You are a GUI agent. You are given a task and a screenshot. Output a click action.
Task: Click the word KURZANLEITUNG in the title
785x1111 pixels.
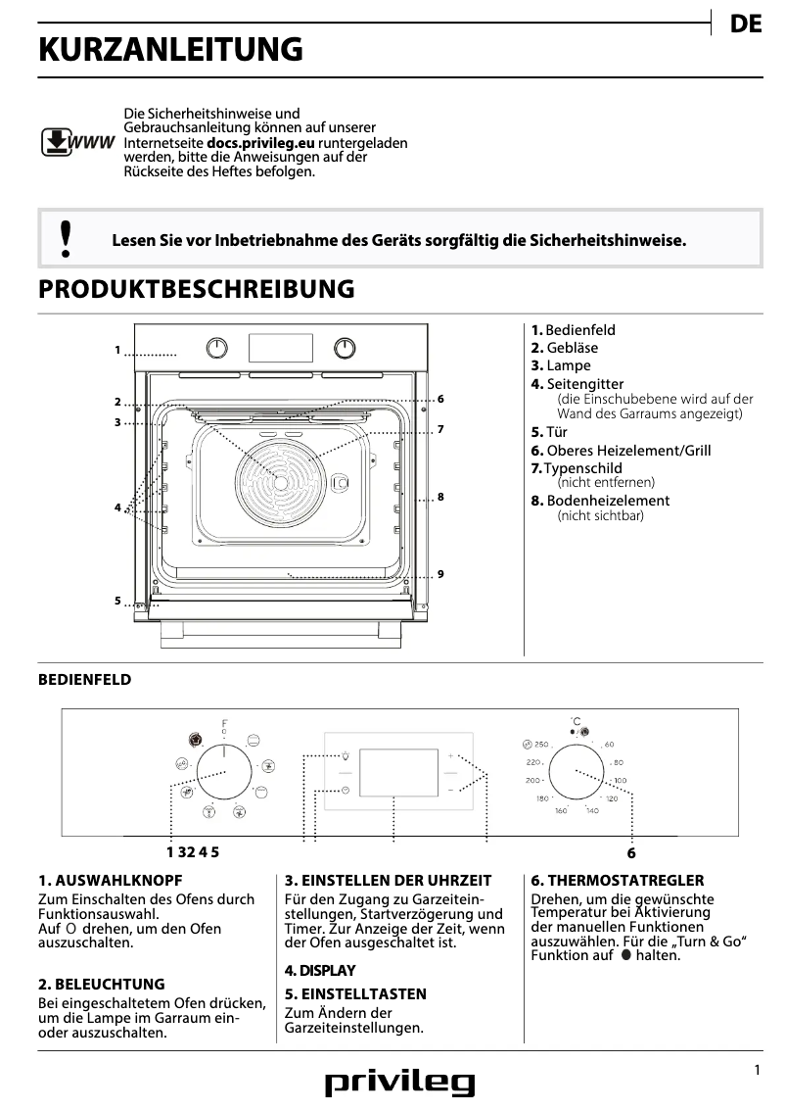pyautogui.click(x=170, y=49)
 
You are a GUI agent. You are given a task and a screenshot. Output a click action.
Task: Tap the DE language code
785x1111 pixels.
pyautogui.click(x=746, y=25)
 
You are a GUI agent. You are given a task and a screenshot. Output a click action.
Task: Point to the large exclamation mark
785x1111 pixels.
pyautogui.click(x=66, y=238)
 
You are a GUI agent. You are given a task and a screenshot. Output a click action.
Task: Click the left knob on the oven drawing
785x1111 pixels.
pyautogui.click(x=217, y=348)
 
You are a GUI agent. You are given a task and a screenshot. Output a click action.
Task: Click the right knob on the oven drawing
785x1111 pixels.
pyautogui.click(x=345, y=348)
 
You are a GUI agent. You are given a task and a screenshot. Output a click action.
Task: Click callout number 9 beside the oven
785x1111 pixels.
pyautogui.click(x=441, y=573)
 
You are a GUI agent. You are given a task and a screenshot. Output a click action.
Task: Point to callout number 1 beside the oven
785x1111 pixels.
pyautogui.click(x=116, y=350)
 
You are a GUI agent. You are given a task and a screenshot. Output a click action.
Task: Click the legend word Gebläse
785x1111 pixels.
pyautogui.click(x=572, y=348)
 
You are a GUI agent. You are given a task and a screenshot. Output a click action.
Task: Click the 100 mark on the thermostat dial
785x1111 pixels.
pyautogui.click(x=620, y=780)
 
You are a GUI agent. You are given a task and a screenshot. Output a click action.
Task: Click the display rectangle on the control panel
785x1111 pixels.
pyautogui.click(x=398, y=773)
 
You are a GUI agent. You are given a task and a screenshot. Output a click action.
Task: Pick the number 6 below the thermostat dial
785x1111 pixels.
pyautogui.click(x=631, y=853)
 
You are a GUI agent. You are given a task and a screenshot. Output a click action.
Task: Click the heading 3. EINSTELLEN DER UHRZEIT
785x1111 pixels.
pyautogui.click(x=388, y=881)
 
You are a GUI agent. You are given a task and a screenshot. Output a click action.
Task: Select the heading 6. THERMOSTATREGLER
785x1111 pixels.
pyautogui.click(x=617, y=881)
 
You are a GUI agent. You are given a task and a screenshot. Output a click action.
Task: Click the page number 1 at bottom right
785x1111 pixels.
pyautogui.click(x=757, y=1071)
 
